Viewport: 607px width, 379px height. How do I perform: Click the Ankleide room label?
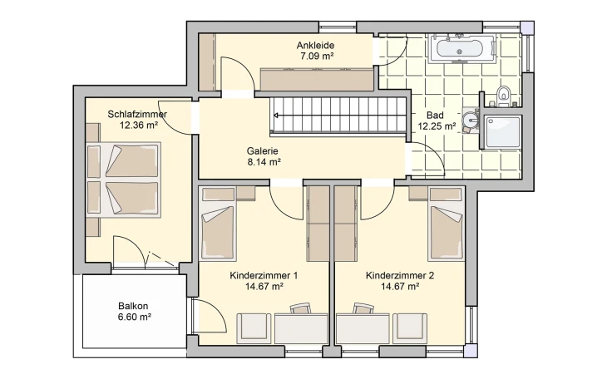[315, 45]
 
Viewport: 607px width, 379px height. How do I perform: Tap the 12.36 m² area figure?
[139, 125]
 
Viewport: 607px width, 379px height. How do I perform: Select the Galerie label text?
[263, 151]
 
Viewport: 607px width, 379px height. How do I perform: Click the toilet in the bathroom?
[504, 96]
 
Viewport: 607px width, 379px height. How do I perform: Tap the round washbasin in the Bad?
[471, 121]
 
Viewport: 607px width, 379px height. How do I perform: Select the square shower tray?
[502, 131]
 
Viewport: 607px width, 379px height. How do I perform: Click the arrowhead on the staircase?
[276, 116]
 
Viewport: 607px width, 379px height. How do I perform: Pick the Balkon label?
[133, 306]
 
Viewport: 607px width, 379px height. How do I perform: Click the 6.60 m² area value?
[135, 317]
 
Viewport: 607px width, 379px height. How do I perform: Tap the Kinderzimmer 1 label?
[264, 276]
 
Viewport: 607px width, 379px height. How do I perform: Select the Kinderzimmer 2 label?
[400, 276]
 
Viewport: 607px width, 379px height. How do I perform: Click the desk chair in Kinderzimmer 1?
[301, 308]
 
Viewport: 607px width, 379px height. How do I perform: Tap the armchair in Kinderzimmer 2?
[410, 328]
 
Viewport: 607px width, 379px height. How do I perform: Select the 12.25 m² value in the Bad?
[437, 126]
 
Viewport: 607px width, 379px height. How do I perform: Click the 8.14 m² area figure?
[264, 162]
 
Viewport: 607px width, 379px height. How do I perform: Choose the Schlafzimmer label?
[137, 114]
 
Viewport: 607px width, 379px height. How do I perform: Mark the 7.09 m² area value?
[317, 56]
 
